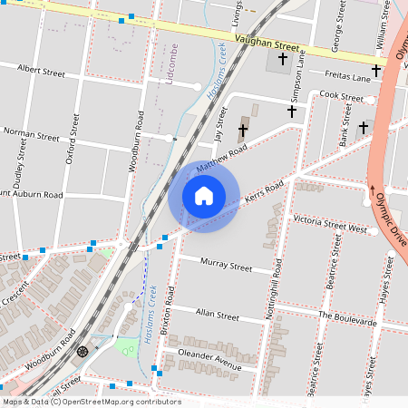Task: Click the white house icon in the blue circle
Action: pos(204,195)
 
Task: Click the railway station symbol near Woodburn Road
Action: pos(83,351)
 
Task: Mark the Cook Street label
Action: pos(341,95)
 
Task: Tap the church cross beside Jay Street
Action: pos(243,131)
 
